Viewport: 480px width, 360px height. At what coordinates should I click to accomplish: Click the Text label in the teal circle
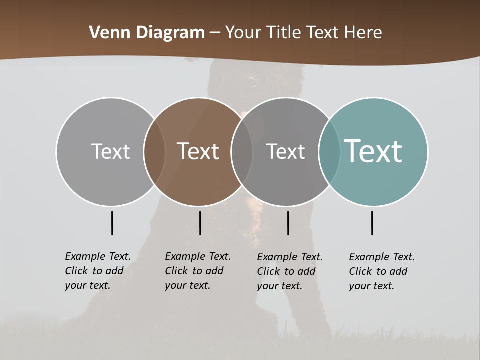(x=373, y=151)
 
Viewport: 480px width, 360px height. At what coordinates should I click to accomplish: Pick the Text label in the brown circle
(x=198, y=151)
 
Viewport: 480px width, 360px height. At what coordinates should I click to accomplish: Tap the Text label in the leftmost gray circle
(x=110, y=151)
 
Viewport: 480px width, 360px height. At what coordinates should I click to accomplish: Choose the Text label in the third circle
(x=285, y=151)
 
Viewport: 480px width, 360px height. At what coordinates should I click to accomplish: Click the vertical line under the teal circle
(x=372, y=223)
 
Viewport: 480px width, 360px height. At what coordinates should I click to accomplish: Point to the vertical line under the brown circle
(x=200, y=223)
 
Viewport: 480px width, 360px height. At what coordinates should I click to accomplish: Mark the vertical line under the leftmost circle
(x=112, y=223)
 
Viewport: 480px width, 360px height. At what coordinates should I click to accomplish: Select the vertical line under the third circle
(x=288, y=223)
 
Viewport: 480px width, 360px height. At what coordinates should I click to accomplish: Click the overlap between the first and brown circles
(x=154, y=151)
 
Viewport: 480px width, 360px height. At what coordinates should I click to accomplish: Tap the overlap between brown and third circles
(x=242, y=151)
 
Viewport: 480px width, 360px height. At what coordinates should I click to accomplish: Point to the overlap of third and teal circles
(x=329, y=151)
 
